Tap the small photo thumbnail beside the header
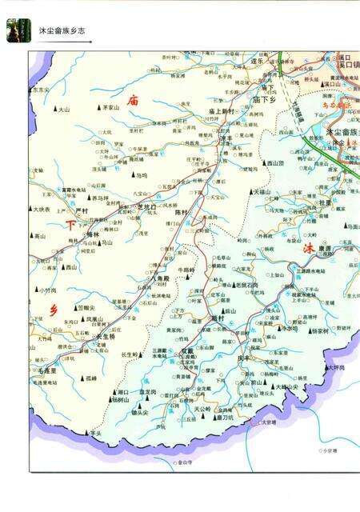[x=18, y=30]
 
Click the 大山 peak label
[x=64, y=110]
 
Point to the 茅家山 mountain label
[x=109, y=106]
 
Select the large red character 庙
[x=133, y=101]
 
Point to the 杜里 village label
[x=324, y=202]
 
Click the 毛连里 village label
[x=46, y=371]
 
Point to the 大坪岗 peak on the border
[x=336, y=368]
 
